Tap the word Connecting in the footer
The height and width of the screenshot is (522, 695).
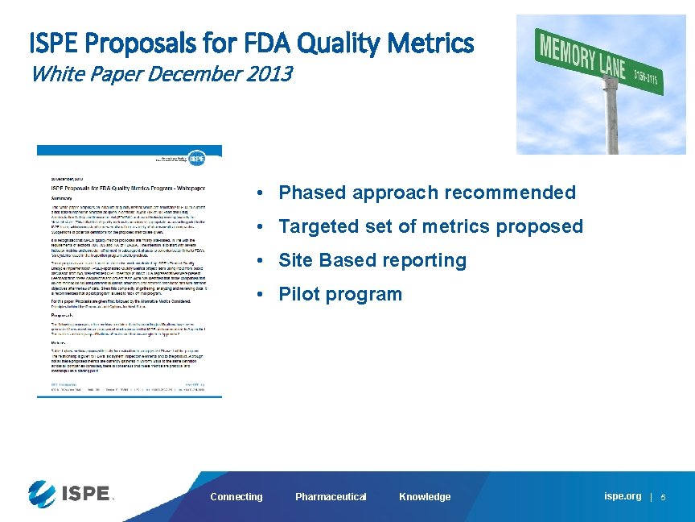point(236,497)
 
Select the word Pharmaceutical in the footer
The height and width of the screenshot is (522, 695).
point(331,497)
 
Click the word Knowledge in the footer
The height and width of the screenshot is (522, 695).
point(425,497)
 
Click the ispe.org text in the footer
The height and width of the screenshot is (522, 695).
point(623,496)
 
